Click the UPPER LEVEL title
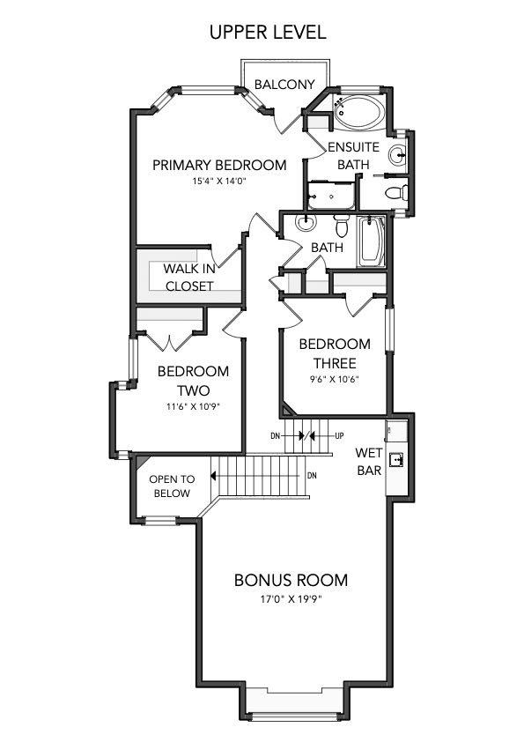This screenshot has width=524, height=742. coord(267,32)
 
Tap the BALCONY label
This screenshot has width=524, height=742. coord(284,85)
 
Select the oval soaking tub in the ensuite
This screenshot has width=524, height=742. coord(358,113)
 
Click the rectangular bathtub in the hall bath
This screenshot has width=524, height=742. coord(372,242)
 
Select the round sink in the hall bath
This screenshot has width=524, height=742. coord(306,223)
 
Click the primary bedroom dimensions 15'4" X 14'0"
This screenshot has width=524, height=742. coord(219,182)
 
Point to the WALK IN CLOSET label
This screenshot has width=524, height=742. coord(189,278)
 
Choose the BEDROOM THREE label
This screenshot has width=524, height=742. coord(334,353)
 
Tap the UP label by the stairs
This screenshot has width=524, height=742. coord(339,436)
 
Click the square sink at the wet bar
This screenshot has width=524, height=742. coord(396,458)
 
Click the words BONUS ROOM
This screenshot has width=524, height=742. coord(291,581)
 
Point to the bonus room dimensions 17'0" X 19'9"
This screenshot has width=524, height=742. coord(291,601)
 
